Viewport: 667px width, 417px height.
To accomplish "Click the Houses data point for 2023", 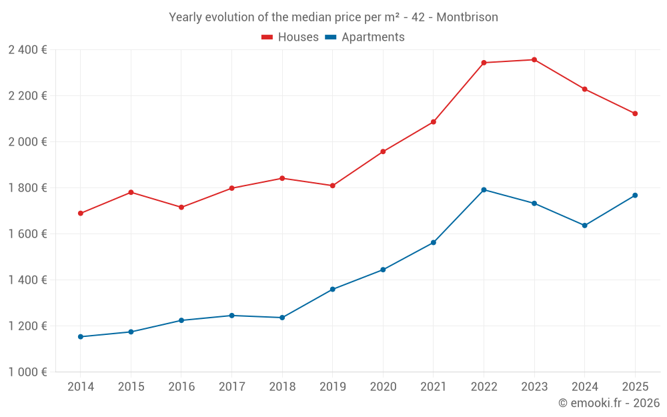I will (x=534, y=60).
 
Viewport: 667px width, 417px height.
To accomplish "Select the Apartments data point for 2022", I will (x=484, y=189).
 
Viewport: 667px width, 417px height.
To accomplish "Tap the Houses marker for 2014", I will (x=81, y=214).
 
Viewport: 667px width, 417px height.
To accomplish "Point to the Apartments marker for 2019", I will (x=333, y=290).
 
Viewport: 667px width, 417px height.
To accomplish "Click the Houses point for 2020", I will (x=383, y=151).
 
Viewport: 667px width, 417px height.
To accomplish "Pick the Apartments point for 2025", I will (x=635, y=195).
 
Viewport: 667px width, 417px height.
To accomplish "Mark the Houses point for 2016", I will (x=181, y=207).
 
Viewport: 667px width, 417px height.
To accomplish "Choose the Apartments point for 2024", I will (x=584, y=226).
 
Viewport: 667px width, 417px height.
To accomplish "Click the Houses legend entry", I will (x=290, y=37).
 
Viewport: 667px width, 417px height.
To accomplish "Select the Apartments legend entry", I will (x=365, y=37).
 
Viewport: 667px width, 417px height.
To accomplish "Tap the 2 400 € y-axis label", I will (x=27, y=50).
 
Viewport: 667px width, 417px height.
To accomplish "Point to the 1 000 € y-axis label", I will (x=27, y=372).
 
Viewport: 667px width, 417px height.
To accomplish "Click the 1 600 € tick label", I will (x=27, y=234).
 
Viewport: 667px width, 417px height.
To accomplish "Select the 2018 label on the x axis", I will (x=282, y=387).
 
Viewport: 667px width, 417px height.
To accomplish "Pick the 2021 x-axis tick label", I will (x=434, y=387).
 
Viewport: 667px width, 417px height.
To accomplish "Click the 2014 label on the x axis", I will (x=81, y=387).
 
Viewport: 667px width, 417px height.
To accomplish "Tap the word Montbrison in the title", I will (x=467, y=17).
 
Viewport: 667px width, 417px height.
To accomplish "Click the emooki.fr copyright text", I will (x=608, y=403).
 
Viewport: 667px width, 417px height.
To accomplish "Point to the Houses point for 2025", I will (x=635, y=113).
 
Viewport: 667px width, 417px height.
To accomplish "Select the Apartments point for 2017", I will (x=231, y=316).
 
